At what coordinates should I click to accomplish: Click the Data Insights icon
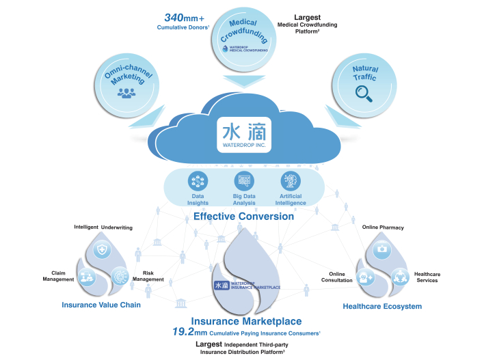coord(198,181)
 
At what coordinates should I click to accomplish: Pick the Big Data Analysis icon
coord(244,181)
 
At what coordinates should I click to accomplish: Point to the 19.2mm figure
coord(188,332)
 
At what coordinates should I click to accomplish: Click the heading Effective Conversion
coord(243,217)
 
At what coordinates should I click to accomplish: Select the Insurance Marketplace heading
coord(246,320)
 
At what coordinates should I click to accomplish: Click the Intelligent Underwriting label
coord(103,227)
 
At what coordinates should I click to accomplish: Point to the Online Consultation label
coord(337,277)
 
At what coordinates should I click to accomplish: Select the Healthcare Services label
coord(427,277)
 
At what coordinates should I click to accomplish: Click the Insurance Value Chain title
coord(101,305)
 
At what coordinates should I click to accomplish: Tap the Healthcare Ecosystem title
coord(382,306)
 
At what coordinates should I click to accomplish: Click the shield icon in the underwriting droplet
coord(103,251)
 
